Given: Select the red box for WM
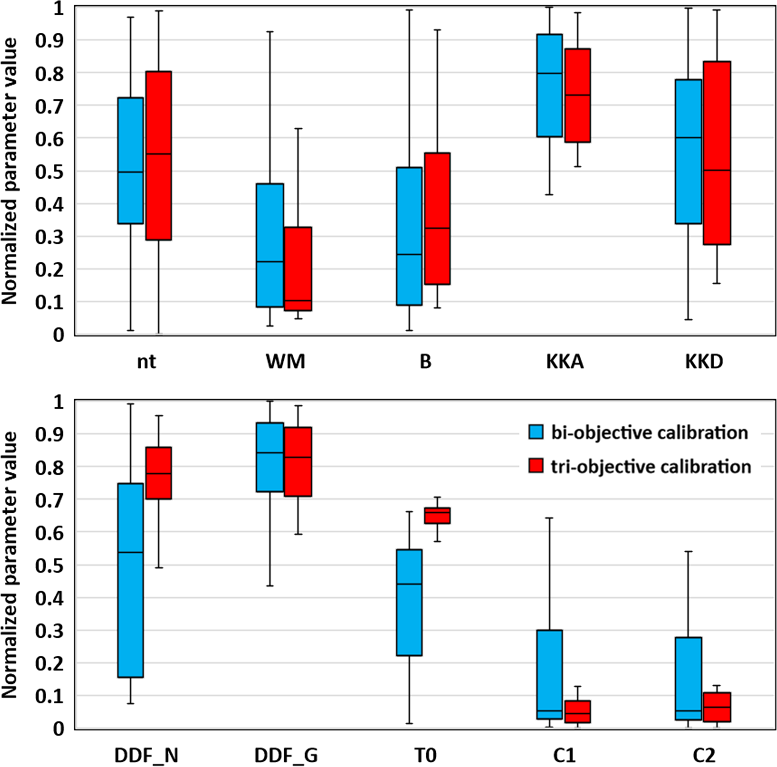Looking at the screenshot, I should (x=298, y=269).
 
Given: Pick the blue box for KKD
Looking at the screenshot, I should (x=688, y=151).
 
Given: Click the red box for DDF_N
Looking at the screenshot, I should (x=159, y=473).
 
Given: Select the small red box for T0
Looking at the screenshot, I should (x=437, y=515).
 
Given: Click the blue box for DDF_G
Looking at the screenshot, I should (x=270, y=457).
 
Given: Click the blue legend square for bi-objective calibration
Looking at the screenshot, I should (x=536, y=432).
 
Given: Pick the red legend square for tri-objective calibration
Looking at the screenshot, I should (x=536, y=466).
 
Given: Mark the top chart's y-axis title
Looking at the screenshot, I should (x=10, y=171).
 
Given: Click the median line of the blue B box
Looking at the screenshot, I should (x=409, y=254).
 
